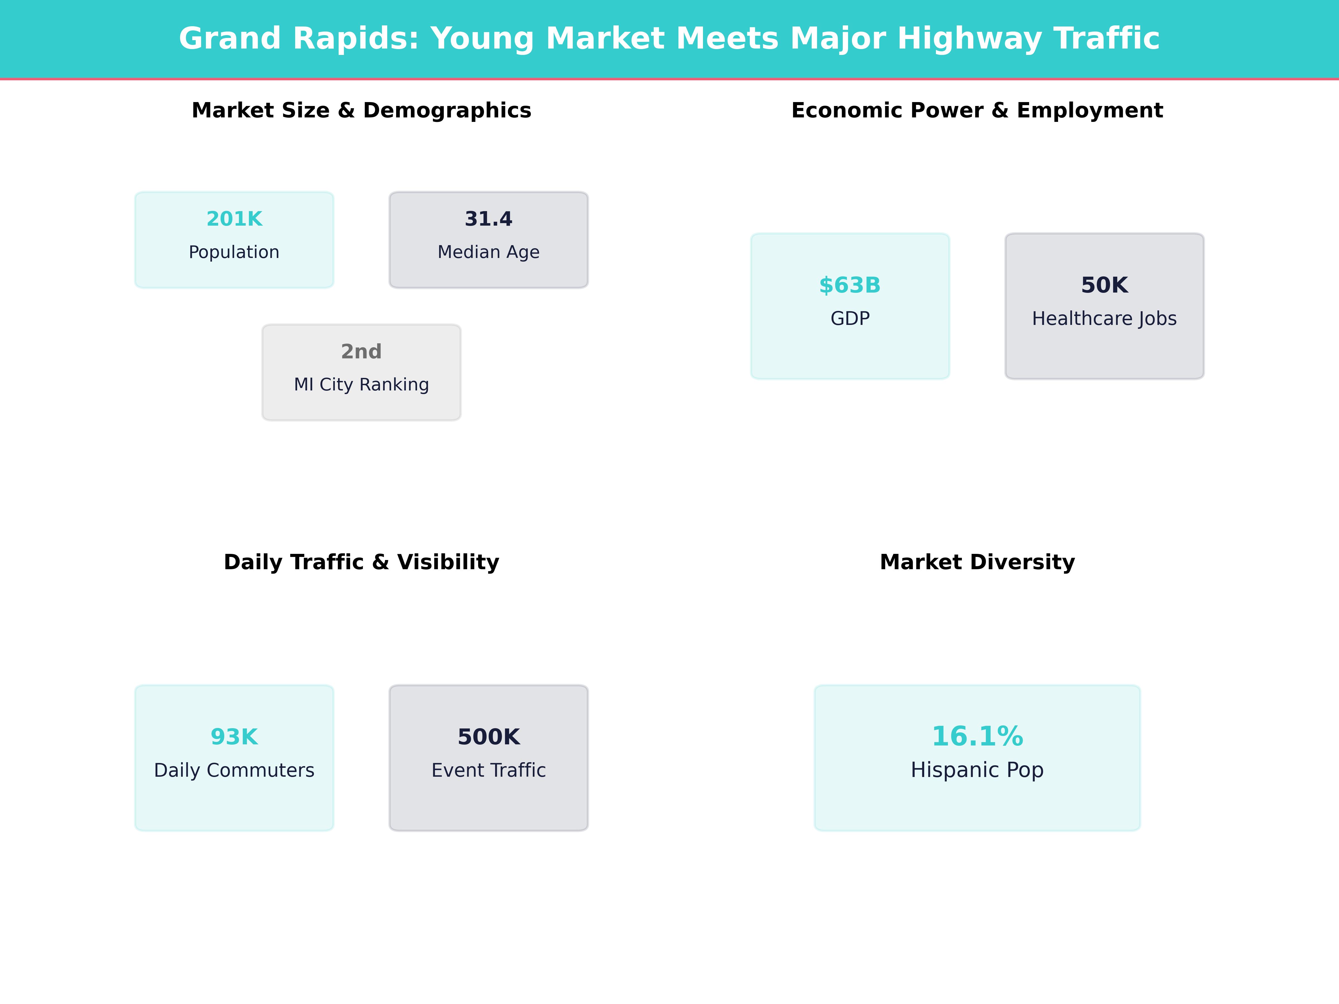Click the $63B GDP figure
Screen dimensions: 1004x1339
pyautogui.click(x=850, y=285)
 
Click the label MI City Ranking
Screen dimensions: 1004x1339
pyautogui.click(x=361, y=384)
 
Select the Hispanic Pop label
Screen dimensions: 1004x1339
pyautogui.click(x=977, y=770)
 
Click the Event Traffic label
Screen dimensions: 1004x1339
pyautogui.click(x=488, y=770)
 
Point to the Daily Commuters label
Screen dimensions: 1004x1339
pyautogui.click(x=234, y=770)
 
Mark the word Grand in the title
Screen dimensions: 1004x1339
pyautogui.click(x=230, y=39)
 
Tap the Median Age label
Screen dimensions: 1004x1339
pyautogui.click(x=488, y=252)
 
